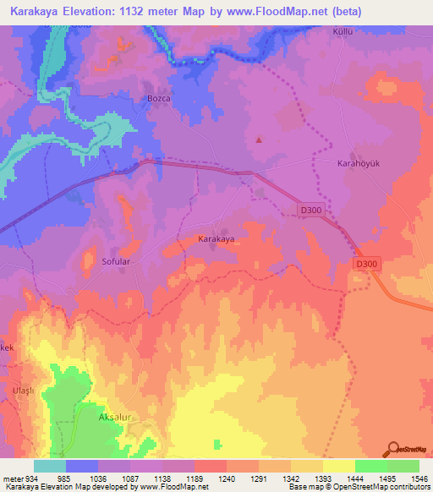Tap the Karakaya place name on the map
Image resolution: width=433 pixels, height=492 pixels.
(x=216, y=239)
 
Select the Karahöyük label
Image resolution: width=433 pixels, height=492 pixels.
(x=356, y=162)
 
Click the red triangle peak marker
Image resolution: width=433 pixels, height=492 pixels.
(x=259, y=140)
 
